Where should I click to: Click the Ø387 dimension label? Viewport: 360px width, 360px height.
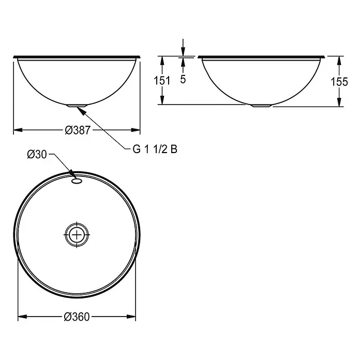pyautogui.click(x=78, y=130)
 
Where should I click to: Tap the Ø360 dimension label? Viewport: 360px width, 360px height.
pyautogui.click(x=77, y=317)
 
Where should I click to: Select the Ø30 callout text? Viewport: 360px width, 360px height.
pyautogui.click(x=37, y=154)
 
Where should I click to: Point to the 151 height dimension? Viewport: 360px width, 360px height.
pyautogui.click(x=162, y=81)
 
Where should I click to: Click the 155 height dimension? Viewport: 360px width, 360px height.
pyautogui.click(x=339, y=82)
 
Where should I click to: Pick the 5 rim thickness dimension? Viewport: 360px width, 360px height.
pyautogui.click(x=183, y=79)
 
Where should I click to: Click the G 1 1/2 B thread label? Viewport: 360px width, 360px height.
pyautogui.click(x=155, y=149)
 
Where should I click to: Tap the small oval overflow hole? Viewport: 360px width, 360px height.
pyautogui.click(x=77, y=181)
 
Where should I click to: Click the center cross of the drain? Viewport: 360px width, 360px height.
pyautogui.click(x=77, y=235)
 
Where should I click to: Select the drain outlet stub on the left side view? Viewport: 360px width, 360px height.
pyautogui.click(x=77, y=106)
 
